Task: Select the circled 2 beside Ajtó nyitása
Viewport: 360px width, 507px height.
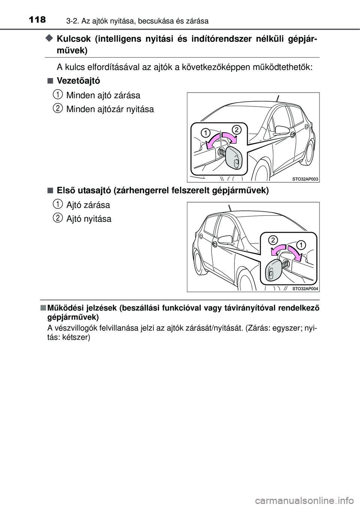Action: coord(57,217)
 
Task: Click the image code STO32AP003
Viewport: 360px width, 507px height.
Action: coord(305,180)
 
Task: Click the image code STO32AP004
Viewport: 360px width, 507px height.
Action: coord(305,289)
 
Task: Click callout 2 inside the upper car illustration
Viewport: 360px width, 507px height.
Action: coord(236,130)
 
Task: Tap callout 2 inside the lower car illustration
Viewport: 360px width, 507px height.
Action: coord(273,240)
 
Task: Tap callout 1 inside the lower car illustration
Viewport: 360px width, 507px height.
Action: coord(301,245)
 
